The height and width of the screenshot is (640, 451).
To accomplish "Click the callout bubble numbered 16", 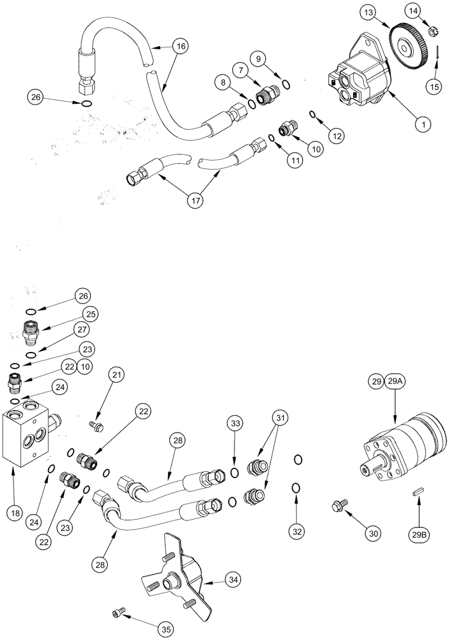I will [x=180, y=46].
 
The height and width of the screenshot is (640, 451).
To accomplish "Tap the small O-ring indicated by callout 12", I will [x=312, y=115].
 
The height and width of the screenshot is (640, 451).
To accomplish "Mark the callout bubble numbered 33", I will [x=234, y=424].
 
